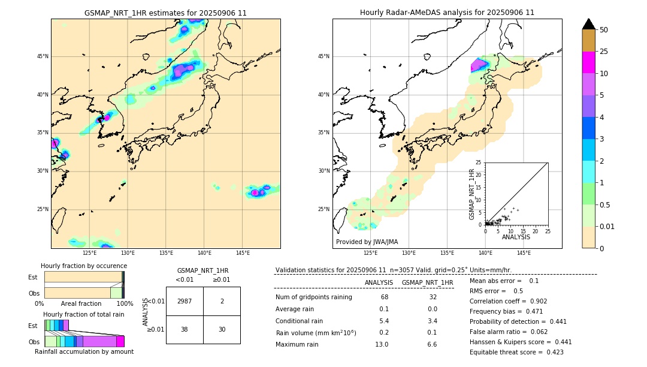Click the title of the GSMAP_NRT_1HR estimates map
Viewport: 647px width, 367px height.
coord(165,13)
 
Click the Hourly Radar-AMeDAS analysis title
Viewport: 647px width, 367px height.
coord(447,13)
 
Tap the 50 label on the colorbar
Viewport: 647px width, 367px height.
coord(604,30)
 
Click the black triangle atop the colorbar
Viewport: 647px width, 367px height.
coord(589,24)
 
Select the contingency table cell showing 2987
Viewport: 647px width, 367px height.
coord(185,301)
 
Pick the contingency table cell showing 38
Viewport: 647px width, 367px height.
coord(185,329)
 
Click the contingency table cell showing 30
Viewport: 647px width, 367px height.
coord(222,329)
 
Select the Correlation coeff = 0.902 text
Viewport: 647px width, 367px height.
coord(508,301)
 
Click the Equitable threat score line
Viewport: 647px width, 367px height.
coord(516,352)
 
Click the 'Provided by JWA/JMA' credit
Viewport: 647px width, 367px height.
coord(367,242)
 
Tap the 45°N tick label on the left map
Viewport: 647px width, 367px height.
coord(43,56)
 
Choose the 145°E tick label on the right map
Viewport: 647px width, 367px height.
coord(524,253)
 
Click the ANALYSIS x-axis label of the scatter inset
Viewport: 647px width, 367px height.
coord(516,237)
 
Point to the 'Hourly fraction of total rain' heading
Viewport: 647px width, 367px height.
coord(84,314)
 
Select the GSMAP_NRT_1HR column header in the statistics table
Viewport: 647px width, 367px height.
coord(427,282)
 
